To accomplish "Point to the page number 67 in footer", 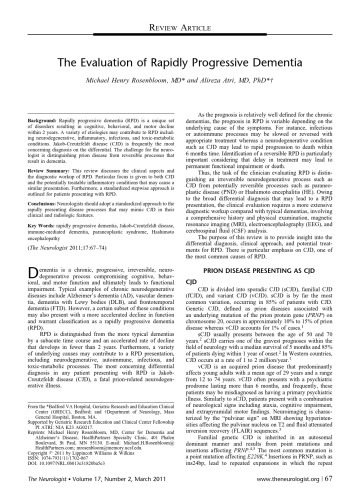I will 339,488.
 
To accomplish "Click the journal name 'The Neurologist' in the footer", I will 41,488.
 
